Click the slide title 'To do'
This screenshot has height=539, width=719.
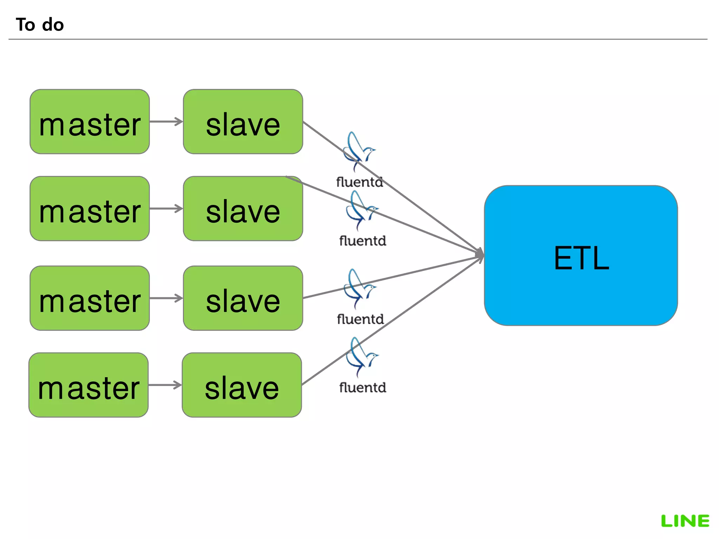click(x=40, y=25)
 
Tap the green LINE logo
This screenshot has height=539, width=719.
click(x=685, y=521)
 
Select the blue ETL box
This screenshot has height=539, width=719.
click(x=581, y=255)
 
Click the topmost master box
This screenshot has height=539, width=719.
click(x=90, y=122)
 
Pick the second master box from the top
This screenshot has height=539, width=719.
click(x=90, y=209)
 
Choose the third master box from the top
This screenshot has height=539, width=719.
click(x=90, y=298)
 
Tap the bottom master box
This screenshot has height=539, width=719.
click(x=88, y=385)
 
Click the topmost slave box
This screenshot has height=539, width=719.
click(x=243, y=122)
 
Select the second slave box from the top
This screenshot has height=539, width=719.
click(x=243, y=209)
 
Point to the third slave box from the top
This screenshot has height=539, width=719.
click(x=243, y=298)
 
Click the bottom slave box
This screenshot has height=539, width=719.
click(x=242, y=385)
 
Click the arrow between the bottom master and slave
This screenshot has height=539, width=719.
click(x=165, y=385)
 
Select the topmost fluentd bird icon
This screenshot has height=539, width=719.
click(x=358, y=151)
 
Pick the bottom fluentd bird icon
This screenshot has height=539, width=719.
click(x=361, y=356)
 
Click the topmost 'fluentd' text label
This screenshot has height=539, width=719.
click(x=359, y=182)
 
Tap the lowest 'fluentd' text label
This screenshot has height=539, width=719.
click(x=363, y=388)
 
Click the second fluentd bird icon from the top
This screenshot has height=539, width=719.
click(x=361, y=210)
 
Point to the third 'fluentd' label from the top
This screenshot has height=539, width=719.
click(x=360, y=319)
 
